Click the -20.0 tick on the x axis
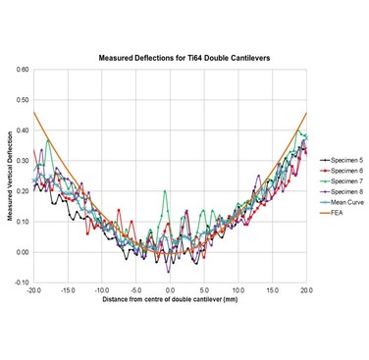(x=34, y=290)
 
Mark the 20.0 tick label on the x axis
(x=306, y=290)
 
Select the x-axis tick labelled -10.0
(x=102, y=290)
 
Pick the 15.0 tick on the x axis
(x=273, y=290)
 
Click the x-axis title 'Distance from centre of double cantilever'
(x=170, y=300)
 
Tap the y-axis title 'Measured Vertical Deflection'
(x=9, y=177)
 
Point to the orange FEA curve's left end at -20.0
(x=34, y=113)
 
